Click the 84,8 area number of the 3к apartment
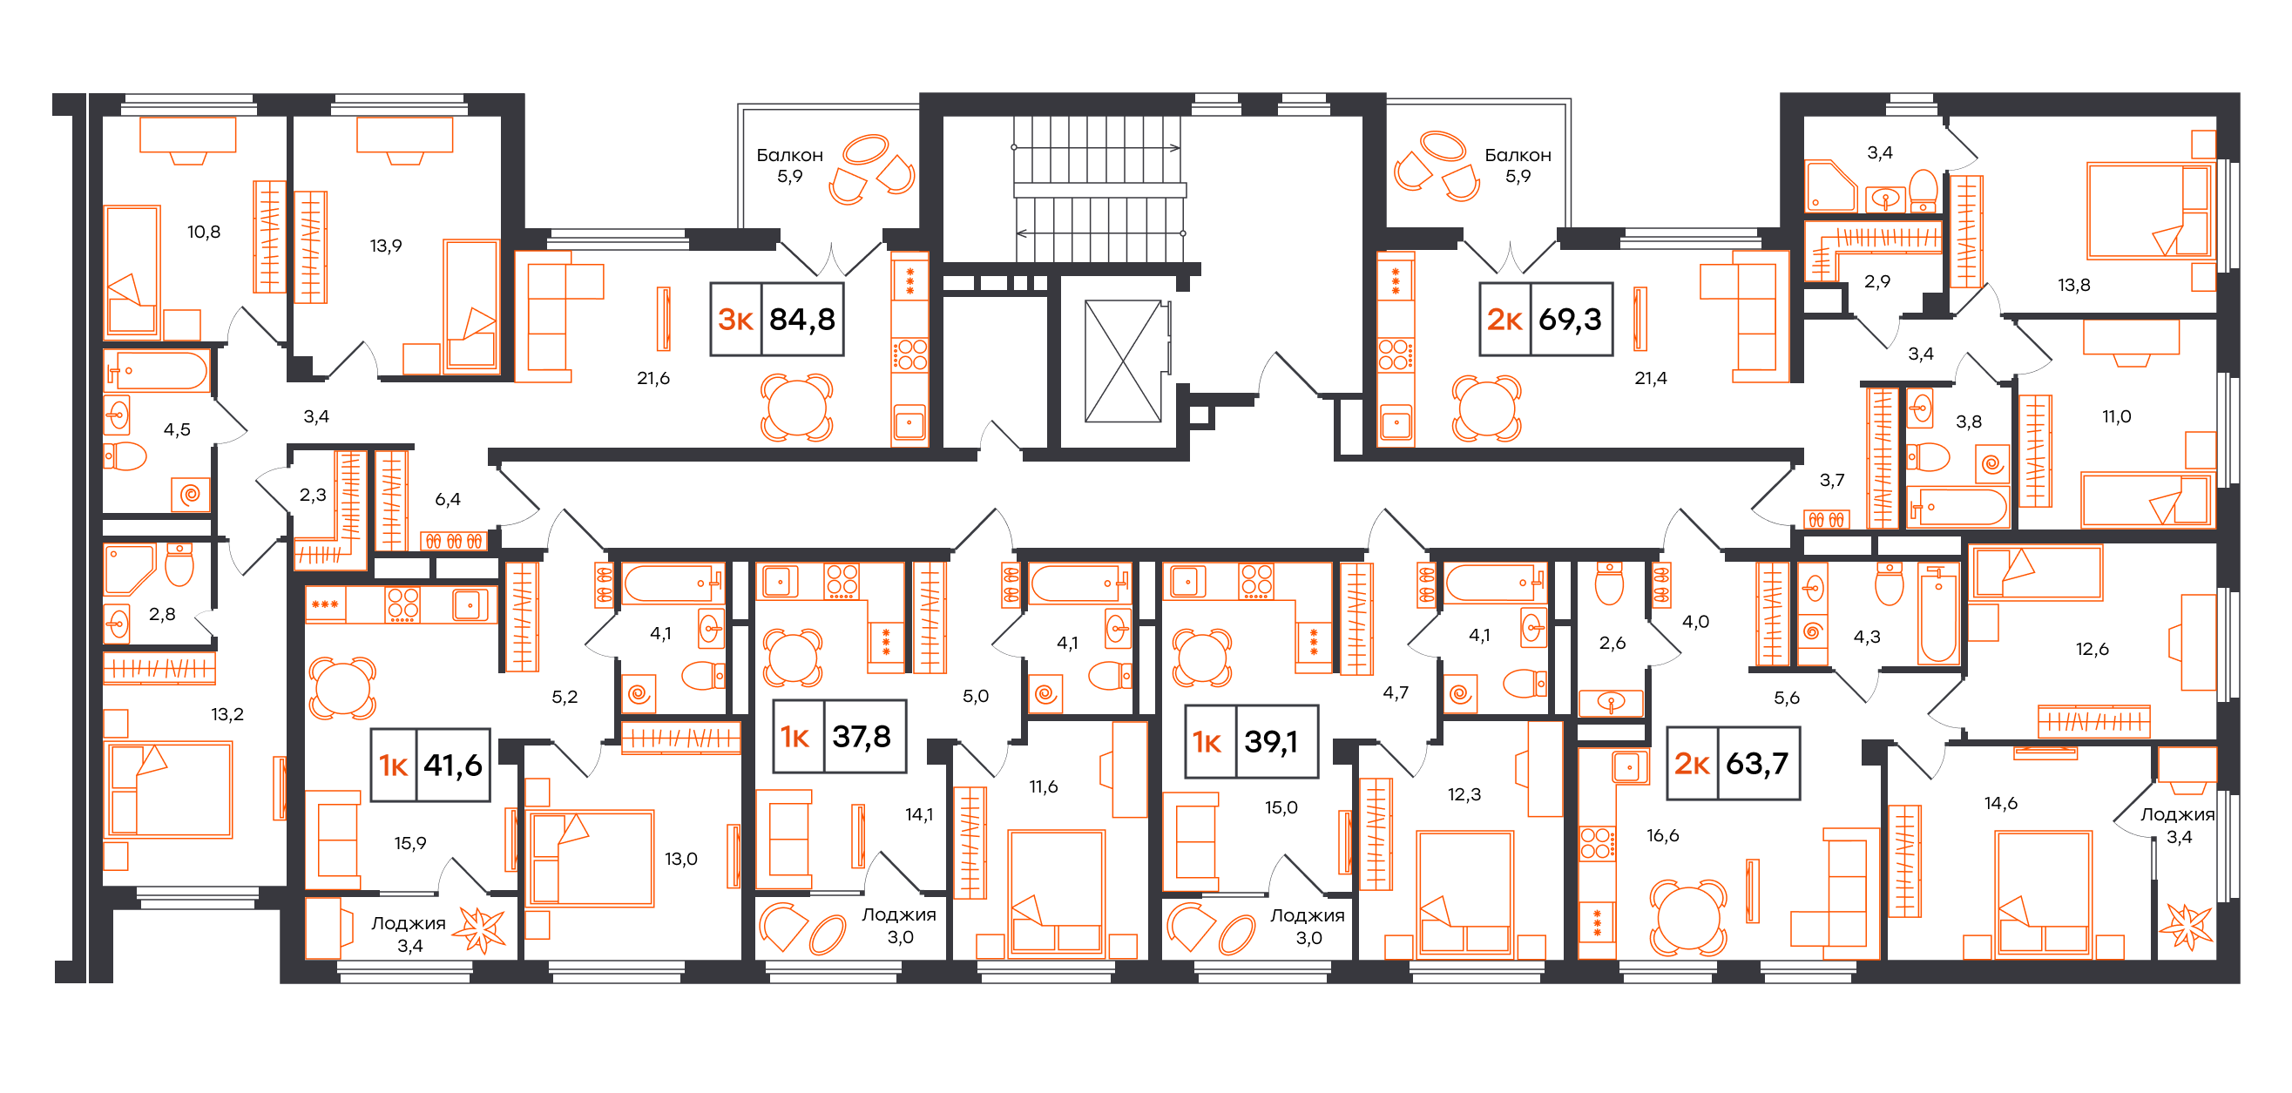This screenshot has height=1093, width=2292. point(801,320)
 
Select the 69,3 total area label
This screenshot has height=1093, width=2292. point(1571,320)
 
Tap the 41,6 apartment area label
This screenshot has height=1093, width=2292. point(453,765)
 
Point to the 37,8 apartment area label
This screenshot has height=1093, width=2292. point(862,737)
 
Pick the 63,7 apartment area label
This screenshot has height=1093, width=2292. point(1757,764)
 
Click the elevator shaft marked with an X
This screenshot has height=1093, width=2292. point(1123,361)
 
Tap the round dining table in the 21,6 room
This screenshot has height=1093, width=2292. point(796,408)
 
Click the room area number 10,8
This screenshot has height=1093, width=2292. point(204,233)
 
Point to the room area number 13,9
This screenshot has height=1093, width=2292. point(386,246)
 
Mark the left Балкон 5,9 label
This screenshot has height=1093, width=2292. point(790,165)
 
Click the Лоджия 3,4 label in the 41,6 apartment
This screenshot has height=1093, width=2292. point(409,934)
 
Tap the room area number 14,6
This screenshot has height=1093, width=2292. point(2001,804)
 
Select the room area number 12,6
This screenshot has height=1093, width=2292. point(2093,649)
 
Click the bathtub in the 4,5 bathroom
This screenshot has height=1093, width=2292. point(158,370)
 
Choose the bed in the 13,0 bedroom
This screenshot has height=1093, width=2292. point(591,858)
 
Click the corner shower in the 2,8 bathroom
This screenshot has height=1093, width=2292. point(130,569)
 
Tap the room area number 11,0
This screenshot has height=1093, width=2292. point(2117,417)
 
